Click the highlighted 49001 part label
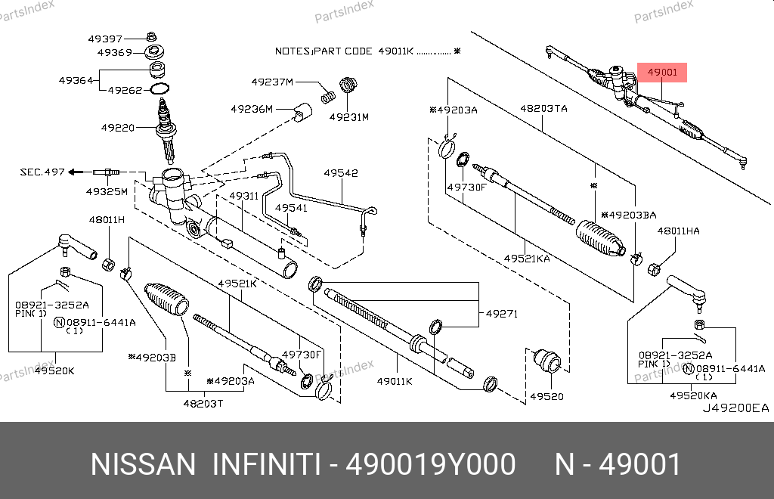663,73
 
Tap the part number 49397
104,39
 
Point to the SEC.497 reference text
42,172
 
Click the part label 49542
341,173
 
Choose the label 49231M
348,117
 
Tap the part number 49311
243,196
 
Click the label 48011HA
678,230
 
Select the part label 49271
501,313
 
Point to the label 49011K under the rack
395,380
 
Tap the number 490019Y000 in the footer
431,464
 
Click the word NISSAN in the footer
143,464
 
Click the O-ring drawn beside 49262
159,90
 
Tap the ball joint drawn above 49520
546,362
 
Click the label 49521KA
527,259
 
